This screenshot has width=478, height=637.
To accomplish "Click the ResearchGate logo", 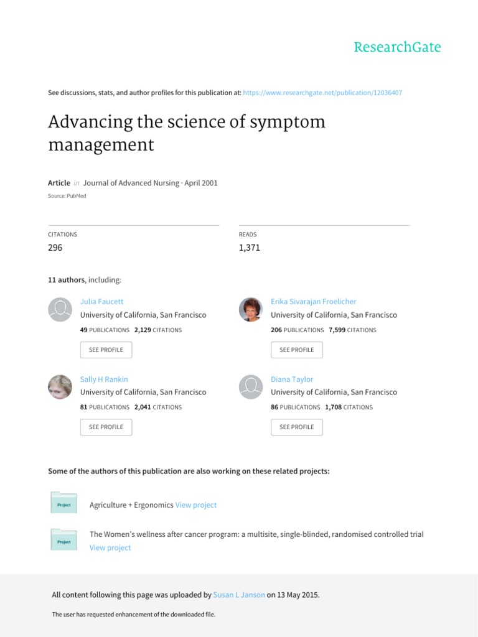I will pos(397,47).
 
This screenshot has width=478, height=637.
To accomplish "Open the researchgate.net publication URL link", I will pos(322,93).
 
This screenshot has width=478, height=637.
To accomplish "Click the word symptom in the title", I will pos(287,122).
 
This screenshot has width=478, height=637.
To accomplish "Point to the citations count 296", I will pos(55,248).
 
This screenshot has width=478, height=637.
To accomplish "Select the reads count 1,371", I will pos(249,248).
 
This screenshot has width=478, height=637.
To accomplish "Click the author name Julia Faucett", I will pos(102,302).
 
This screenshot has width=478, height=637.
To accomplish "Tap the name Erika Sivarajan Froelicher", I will pos(314,302).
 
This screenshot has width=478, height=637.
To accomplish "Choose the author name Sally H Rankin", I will pos(104,379).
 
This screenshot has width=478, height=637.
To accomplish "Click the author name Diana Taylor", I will pos(292,379).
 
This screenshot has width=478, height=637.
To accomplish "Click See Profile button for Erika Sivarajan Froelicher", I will pos(297,350).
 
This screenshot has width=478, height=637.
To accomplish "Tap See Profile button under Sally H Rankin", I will pos(106,427).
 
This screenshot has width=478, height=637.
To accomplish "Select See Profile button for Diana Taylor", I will pos(297,427).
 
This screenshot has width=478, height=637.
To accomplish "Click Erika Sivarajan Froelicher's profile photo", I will pos(251,309).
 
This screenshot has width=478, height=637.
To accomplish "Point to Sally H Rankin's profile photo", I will pos(60,387).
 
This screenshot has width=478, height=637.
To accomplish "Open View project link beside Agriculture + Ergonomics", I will pos(196,505).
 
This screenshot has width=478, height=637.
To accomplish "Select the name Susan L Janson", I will pos(239,595).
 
